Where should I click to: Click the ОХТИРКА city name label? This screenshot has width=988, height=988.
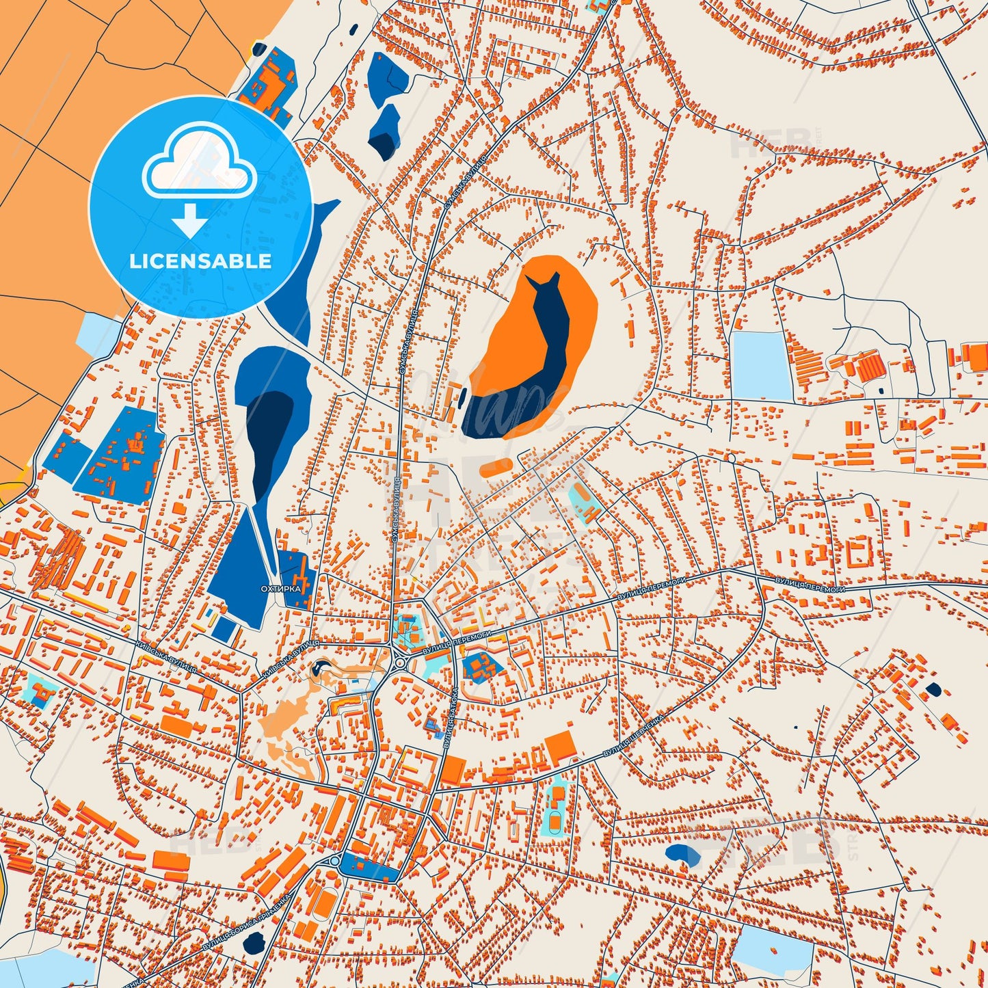[280, 588]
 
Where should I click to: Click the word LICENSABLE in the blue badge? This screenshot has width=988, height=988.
[200, 261]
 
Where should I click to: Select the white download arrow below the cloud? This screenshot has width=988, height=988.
[190, 220]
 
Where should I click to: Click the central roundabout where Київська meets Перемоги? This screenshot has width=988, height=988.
[399, 663]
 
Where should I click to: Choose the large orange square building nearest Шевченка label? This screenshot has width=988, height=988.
[561, 747]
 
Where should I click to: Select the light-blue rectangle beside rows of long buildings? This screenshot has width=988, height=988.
[760, 365]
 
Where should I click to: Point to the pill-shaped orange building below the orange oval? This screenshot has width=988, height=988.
[496, 468]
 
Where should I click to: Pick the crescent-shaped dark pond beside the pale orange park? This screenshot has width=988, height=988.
[319, 668]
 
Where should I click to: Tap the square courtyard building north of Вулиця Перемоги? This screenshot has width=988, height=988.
[856, 551]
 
